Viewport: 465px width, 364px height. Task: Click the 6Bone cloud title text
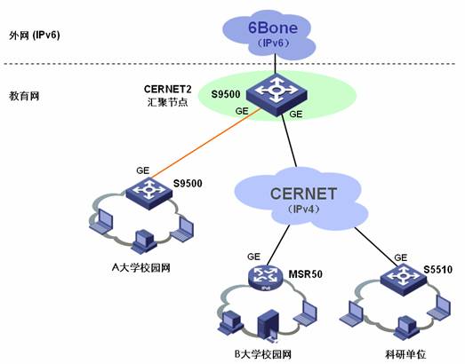273,28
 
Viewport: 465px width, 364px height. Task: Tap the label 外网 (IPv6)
35,36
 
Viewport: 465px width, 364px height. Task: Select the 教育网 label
24,96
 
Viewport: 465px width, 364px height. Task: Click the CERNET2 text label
167,89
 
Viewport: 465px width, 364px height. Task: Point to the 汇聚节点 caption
167,102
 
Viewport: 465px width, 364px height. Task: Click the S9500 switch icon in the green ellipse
277,95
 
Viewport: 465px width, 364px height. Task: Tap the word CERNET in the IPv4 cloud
303,194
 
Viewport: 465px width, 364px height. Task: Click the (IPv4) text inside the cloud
304,210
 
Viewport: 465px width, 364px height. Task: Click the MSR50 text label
306,274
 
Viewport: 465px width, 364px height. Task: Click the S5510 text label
437,270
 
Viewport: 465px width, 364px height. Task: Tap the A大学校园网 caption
141,268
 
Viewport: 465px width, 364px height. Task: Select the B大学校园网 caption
263,354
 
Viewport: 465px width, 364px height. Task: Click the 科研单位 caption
405,354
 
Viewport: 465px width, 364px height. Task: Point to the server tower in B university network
269,325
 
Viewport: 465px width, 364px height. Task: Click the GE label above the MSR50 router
253,257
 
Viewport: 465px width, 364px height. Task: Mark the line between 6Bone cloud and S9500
276,63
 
